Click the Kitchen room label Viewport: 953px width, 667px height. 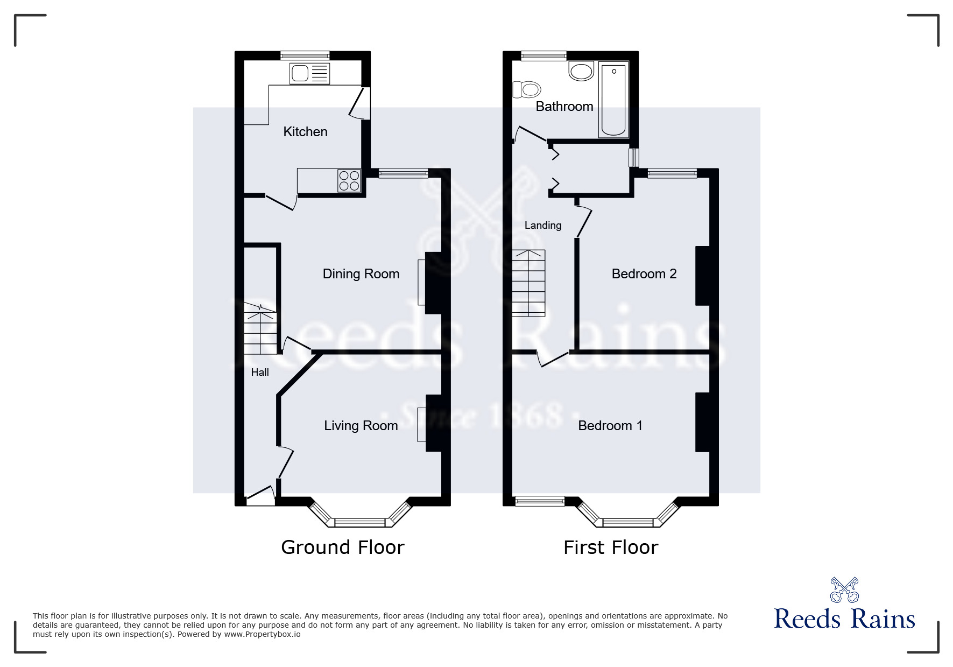pyautogui.click(x=305, y=132)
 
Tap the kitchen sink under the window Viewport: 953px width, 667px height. pyautogui.click(x=309, y=74)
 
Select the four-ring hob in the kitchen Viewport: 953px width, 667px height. pyautogui.click(x=349, y=180)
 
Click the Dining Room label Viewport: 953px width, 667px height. pyautogui.click(x=361, y=274)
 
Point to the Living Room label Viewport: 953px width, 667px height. pyautogui.click(x=361, y=426)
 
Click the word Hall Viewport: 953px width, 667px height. pyautogui.click(x=260, y=373)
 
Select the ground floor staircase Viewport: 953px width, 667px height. pyautogui.click(x=260, y=328)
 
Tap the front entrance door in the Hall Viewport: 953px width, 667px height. pyautogui.click(x=260, y=496)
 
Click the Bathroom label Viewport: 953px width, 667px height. pyautogui.click(x=564, y=107)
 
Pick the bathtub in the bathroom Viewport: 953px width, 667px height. pyautogui.click(x=613, y=100)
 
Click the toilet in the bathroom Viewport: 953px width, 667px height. pyautogui.click(x=527, y=89)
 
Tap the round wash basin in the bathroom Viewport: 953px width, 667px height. pyautogui.click(x=581, y=71)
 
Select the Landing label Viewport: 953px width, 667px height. pyautogui.click(x=543, y=226)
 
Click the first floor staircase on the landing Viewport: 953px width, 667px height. pyautogui.click(x=528, y=283)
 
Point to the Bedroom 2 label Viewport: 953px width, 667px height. pyautogui.click(x=644, y=274)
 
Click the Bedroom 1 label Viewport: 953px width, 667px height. pyautogui.click(x=610, y=426)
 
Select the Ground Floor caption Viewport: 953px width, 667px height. pyautogui.click(x=343, y=547)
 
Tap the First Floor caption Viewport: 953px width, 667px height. pyautogui.click(x=611, y=547)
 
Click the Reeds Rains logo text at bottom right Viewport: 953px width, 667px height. pyautogui.click(x=845, y=619)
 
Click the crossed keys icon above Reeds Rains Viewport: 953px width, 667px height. pyautogui.click(x=845, y=589)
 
